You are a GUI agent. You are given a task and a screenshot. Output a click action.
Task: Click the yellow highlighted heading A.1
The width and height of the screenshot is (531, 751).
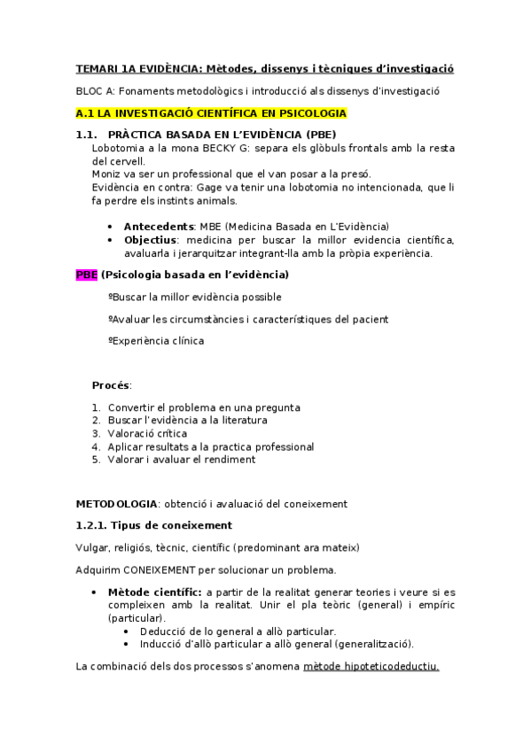(x=211, y=113)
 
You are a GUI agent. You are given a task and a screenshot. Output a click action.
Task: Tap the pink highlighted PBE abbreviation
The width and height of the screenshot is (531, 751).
(x=86, y=275)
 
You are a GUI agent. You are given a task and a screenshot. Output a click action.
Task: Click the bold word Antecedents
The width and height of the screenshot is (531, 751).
(x=159, y=226)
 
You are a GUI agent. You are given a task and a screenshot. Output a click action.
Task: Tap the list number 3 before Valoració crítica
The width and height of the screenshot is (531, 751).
(x=96, y=434)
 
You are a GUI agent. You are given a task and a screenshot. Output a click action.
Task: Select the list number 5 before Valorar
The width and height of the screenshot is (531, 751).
(x=96, y=460)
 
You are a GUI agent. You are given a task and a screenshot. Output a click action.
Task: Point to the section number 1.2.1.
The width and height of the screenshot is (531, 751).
(x=91, y=525)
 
